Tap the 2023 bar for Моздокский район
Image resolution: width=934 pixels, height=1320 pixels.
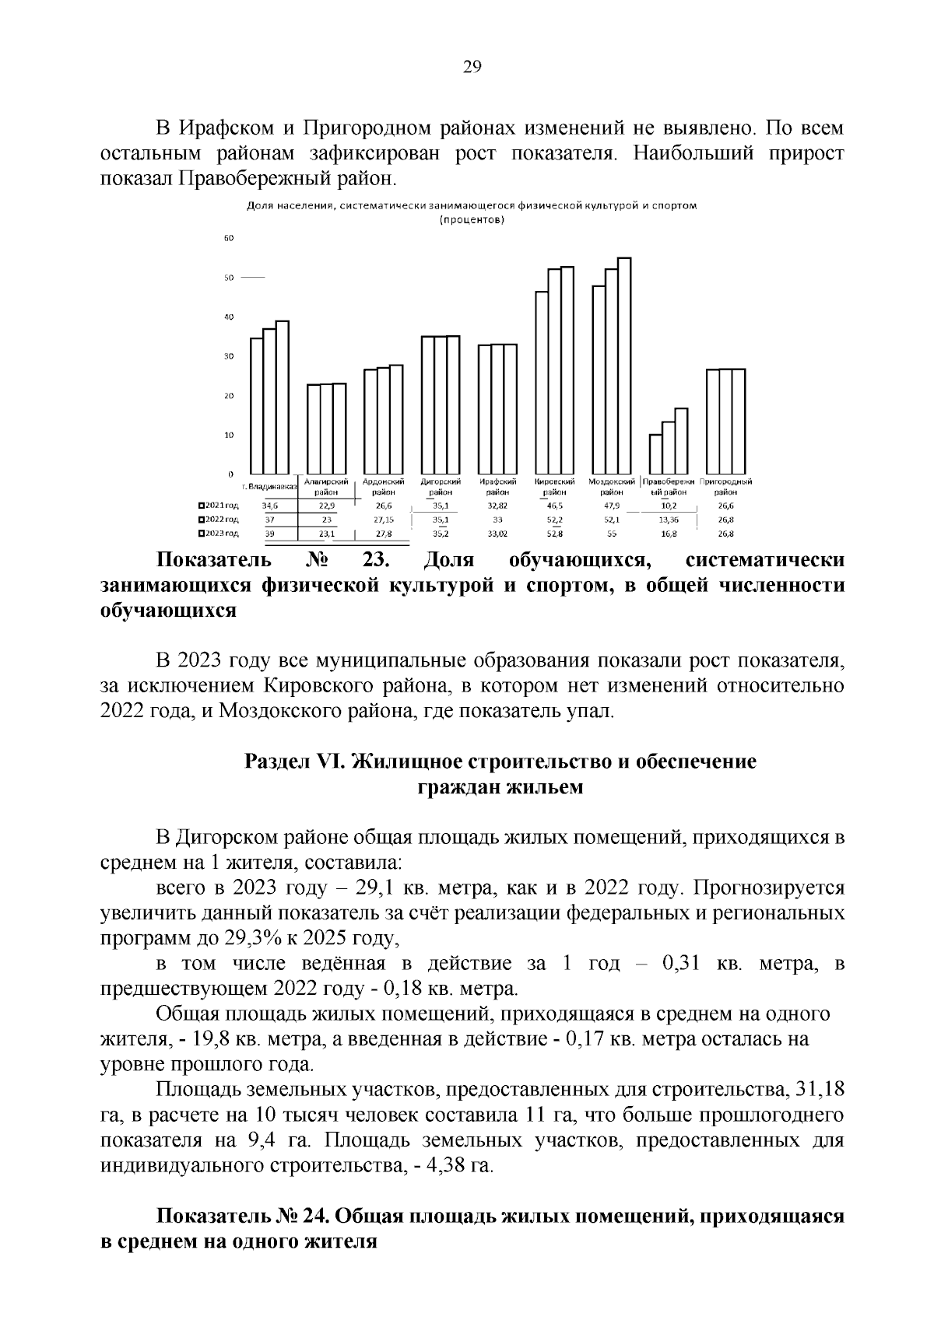coord(624,366)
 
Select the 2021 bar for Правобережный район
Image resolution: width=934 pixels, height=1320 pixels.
coord(655,454)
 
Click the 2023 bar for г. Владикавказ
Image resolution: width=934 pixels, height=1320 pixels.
coord(283,397)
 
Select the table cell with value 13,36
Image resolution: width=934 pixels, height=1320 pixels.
coord(669,520)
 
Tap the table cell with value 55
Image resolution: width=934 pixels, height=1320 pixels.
coord(612,534)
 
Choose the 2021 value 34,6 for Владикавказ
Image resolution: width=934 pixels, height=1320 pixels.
coord(269,506)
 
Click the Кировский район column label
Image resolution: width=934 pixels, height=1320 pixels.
coord(554,487)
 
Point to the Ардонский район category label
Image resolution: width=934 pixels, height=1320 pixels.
coord(383,487)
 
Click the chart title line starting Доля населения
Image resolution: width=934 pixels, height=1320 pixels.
coord(470,206)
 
